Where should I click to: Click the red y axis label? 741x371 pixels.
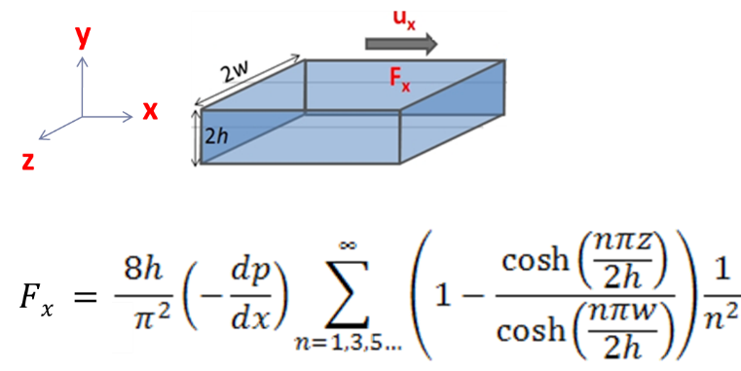[x=84, y=37]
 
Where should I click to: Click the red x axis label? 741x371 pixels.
[x=149, y=112]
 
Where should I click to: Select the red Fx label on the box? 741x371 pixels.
[x=400, y=81]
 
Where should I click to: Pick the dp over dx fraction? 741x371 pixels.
[x=230, y=291]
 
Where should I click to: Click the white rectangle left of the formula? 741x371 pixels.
[x=123, y=326]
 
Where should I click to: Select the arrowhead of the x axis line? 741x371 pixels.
[x=128, y=117]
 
